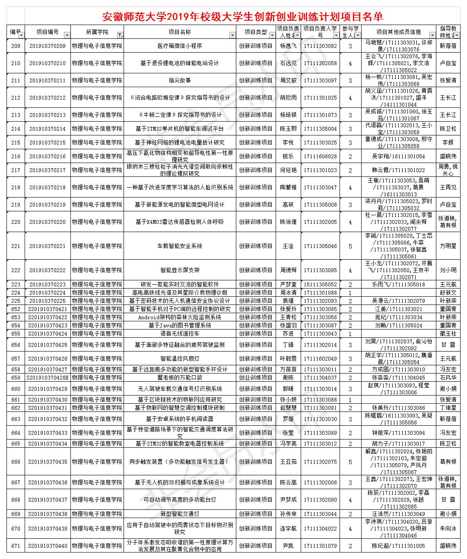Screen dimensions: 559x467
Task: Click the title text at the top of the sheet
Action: click(x=242, y=17)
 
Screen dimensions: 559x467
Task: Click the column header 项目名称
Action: click(x=179, y=32)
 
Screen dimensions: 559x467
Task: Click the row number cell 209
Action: click(x=16, y=46)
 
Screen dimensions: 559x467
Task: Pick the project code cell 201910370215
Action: click(x=48, y=142)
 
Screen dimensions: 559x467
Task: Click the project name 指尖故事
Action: click(x=179, y=80)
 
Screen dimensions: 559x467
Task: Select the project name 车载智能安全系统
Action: click(x=179, y=246)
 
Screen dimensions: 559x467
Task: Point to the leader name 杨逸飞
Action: click(x=288, y=46)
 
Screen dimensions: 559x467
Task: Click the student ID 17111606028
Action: click(x=320, y=156)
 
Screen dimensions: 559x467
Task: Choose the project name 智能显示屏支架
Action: click(x=179, y=270)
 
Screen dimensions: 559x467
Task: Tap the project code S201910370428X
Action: click(x=48, y=377)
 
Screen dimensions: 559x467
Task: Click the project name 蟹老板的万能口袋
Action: click(x=179, y=377)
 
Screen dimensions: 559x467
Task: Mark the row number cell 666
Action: click(x=16, y=462)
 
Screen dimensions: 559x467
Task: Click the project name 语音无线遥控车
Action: click(x=179, y=333)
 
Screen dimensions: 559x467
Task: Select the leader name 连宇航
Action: click(x=288, y=528)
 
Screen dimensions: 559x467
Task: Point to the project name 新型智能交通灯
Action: click(x=179, y=514)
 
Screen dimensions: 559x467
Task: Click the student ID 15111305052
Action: click(x=320, y=284)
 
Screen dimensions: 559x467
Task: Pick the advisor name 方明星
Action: click(x=448, y=246)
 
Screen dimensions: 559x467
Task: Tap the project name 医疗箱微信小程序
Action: click(x=179, y=46)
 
